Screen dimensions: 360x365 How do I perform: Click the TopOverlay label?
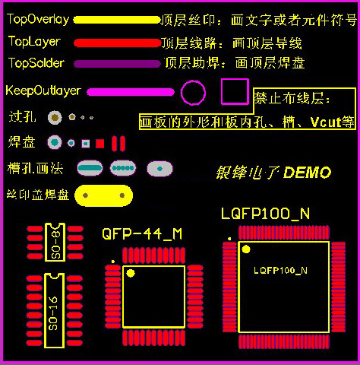38,19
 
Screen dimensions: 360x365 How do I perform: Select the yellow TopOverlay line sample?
117,20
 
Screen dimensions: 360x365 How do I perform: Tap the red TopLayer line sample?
118,43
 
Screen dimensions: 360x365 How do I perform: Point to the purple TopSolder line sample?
117,64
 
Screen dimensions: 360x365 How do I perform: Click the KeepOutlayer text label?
43,90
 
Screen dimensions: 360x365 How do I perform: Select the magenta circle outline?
181,93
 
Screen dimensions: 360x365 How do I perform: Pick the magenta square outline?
222,91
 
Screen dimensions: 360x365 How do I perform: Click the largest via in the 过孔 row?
55,118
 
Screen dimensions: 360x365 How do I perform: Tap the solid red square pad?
100,144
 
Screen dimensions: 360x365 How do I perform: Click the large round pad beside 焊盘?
55,142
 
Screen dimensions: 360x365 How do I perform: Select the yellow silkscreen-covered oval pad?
103,195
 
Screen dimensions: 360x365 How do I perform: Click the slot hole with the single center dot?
159,169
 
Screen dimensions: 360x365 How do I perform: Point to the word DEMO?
307,173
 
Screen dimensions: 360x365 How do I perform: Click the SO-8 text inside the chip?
55,245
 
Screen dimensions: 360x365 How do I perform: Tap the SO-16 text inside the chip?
53,314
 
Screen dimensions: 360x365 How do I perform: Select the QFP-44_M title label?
142,233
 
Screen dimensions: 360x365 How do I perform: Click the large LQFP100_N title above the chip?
265,214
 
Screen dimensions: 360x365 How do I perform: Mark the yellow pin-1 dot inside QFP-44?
131,273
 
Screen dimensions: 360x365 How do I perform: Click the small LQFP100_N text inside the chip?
280,271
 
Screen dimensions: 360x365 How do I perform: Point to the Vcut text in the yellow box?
326,122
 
